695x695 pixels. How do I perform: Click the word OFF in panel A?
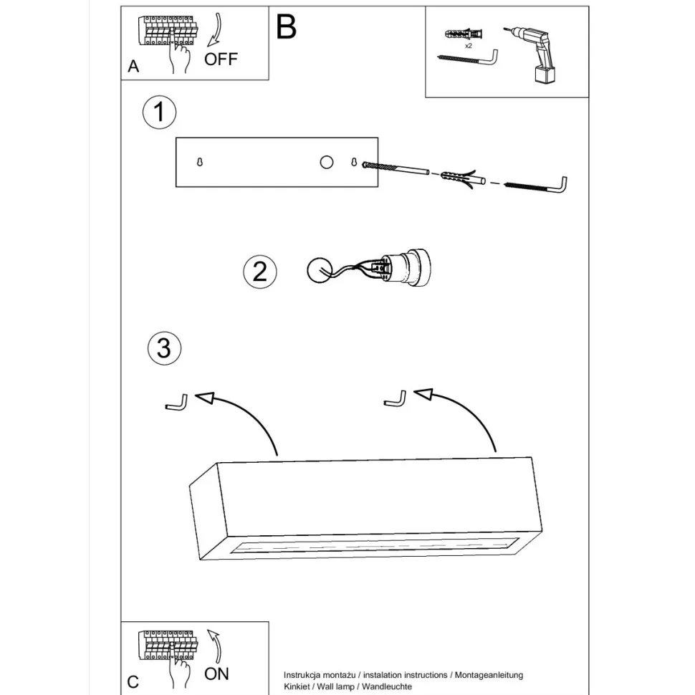[220, 59]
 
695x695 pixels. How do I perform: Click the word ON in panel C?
[216, 674]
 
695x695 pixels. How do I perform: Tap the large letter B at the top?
[286, 27]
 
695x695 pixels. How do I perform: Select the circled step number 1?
[159, 112]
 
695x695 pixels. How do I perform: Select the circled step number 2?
[259, 272]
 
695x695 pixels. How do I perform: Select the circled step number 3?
[164, 349]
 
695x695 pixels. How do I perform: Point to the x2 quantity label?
[468, 45]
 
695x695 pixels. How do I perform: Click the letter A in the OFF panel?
[133, 67]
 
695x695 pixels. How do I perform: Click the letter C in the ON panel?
[133, 681]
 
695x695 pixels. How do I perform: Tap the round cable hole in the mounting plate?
[326, 162]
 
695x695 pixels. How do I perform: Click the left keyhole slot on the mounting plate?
[200, 163]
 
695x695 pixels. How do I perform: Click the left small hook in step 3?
[177, 403]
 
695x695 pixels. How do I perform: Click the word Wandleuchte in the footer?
[387, 686]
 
